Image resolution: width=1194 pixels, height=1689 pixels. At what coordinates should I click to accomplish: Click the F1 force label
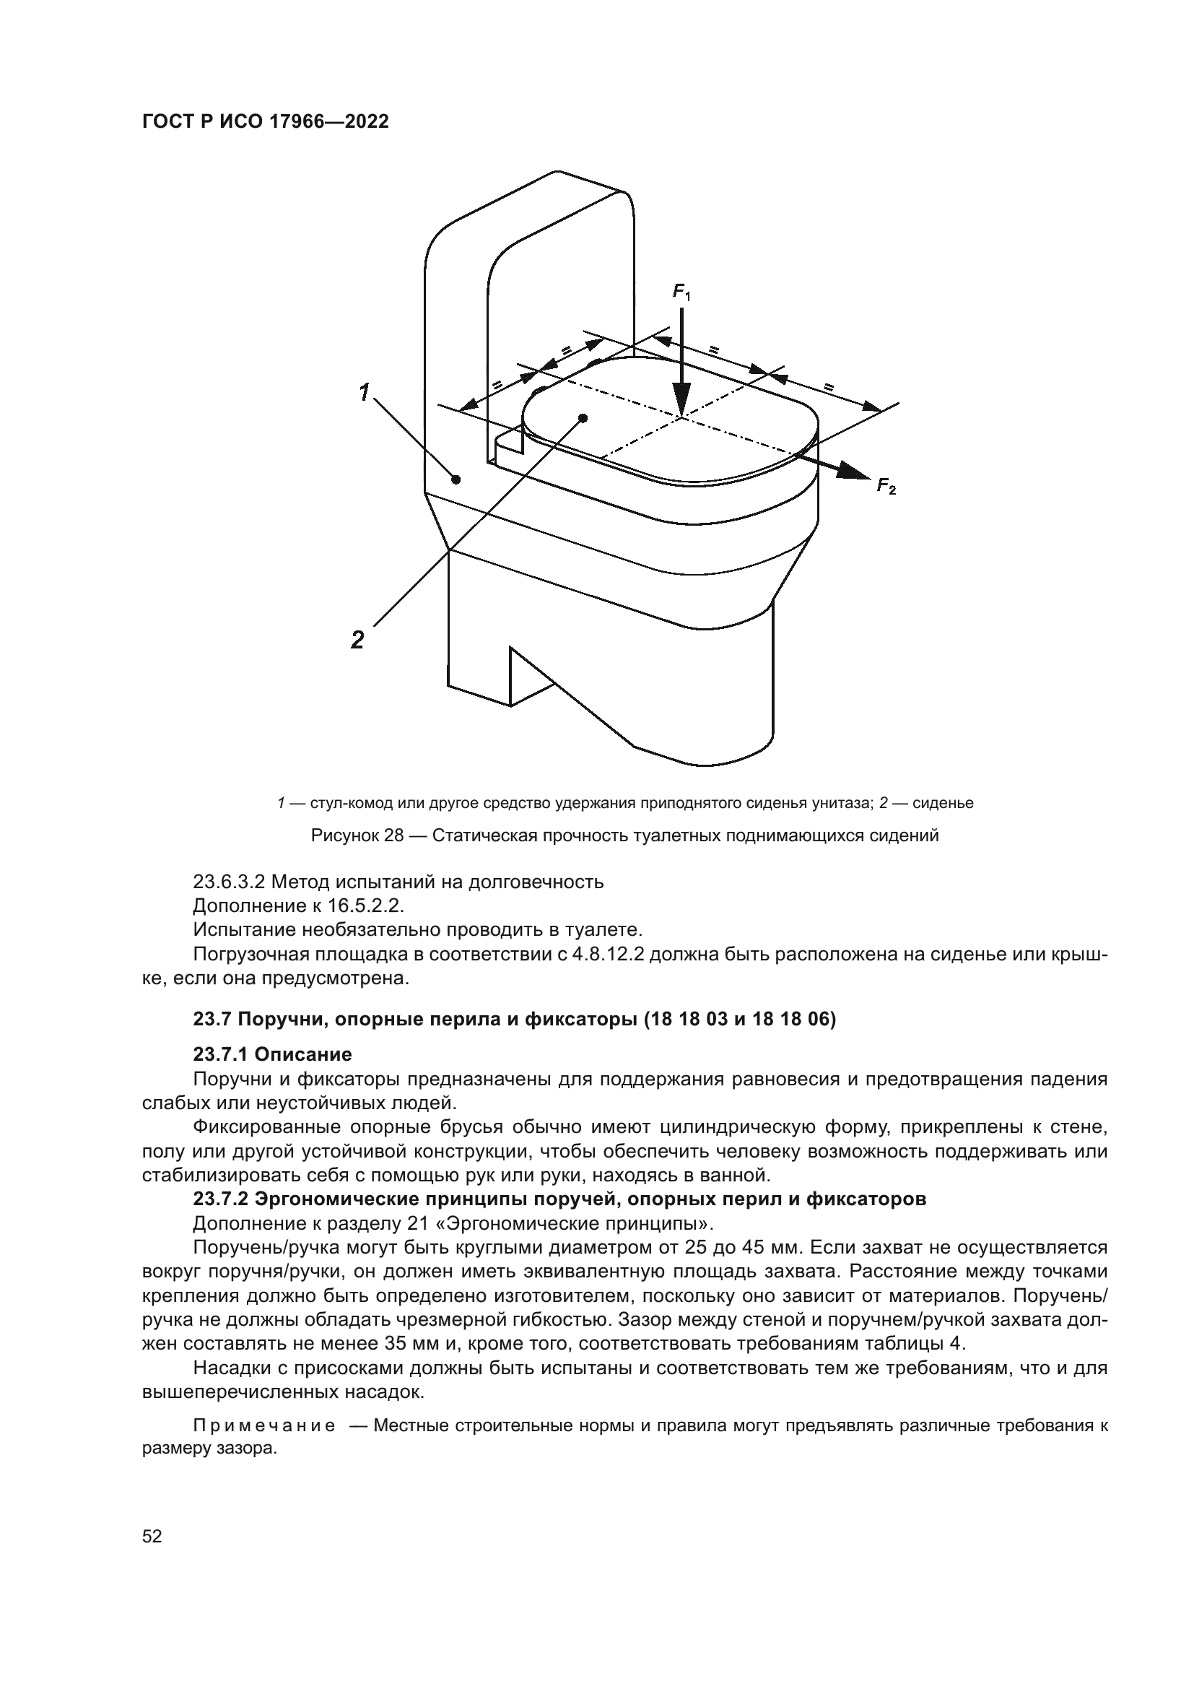click(681, 292)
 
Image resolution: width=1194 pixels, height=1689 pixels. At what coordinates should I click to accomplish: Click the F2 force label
click(886, 486)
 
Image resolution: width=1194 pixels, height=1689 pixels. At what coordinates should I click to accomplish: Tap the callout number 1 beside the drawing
click(364, 393)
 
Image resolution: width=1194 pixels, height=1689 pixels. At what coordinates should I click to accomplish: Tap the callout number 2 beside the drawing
click(357, 640)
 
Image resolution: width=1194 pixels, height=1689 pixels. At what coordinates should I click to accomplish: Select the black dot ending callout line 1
click(456, 479)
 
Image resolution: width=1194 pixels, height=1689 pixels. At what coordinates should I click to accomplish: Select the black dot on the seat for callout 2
click(583, 418)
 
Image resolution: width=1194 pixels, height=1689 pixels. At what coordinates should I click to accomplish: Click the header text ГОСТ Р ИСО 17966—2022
click(265, 122)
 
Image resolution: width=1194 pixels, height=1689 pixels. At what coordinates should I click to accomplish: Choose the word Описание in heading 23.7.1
click(303, 1054)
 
